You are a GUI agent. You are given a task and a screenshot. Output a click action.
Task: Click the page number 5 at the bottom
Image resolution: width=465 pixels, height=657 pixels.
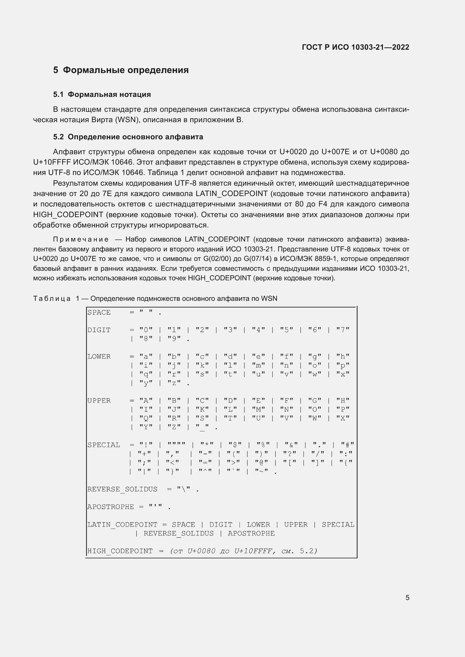[407, 597]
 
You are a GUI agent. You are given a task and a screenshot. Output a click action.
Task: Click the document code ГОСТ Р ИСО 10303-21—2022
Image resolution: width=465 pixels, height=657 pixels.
[355, 47]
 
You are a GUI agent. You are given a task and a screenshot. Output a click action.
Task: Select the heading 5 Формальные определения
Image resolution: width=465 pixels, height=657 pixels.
[121, 70]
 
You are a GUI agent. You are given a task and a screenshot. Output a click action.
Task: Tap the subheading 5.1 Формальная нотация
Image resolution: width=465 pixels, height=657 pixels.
[102, 94]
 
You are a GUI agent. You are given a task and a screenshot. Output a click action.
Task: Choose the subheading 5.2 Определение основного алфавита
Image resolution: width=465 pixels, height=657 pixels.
[128, 137]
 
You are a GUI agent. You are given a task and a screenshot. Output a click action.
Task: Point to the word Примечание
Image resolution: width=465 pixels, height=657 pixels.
[81, 239]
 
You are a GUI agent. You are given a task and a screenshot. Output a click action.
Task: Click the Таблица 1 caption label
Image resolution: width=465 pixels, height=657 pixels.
[56, 299]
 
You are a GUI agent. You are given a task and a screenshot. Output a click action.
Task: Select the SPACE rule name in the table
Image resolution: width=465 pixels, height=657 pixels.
[99, 312]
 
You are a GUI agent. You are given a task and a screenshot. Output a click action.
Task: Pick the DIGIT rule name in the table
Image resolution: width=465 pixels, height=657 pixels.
[99, 330]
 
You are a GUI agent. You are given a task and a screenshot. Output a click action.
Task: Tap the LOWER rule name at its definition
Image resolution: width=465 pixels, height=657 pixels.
[99, 356]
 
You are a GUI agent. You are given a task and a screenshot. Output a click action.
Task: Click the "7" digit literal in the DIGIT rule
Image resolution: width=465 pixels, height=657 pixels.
[343, 330]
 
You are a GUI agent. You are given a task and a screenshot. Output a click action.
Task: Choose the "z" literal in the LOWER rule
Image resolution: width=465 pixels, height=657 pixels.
[174, 383]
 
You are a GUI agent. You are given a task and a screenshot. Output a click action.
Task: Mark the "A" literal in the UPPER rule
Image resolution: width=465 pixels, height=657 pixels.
[146, 401]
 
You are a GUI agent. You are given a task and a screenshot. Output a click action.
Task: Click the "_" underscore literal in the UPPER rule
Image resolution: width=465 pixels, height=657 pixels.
[202, 427]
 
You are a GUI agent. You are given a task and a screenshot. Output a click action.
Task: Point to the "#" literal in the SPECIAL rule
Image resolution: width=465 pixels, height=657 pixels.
[347, 445]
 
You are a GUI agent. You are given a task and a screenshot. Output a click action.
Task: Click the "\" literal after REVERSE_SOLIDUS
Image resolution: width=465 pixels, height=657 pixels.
[184, 489]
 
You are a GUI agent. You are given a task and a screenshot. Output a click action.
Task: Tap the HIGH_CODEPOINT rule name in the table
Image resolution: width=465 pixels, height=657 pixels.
[120, 551]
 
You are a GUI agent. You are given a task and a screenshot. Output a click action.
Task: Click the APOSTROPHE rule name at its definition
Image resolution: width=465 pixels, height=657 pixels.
[110, 507]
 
